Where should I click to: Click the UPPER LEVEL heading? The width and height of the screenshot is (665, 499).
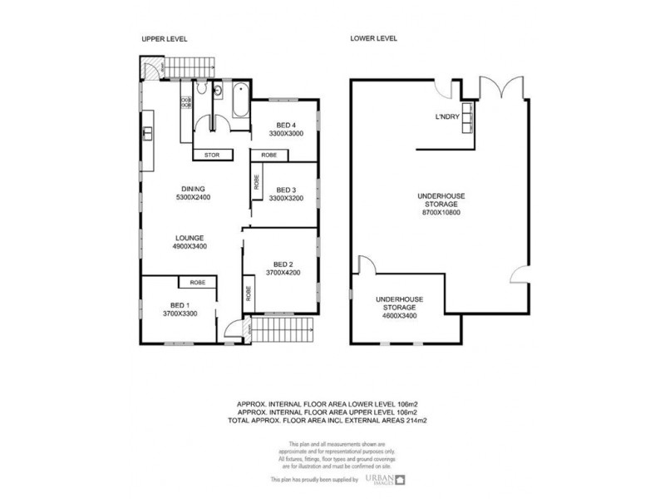pos(163,39)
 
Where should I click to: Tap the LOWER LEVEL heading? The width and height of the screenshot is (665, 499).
pos(374,39)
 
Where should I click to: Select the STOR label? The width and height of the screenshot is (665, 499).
pos(211,155)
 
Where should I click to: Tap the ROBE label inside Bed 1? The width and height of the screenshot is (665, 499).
pos(197,284)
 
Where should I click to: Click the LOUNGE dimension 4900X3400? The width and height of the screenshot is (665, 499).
pos(190,246)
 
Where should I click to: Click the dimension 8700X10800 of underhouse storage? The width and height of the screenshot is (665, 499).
pos(441,212)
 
